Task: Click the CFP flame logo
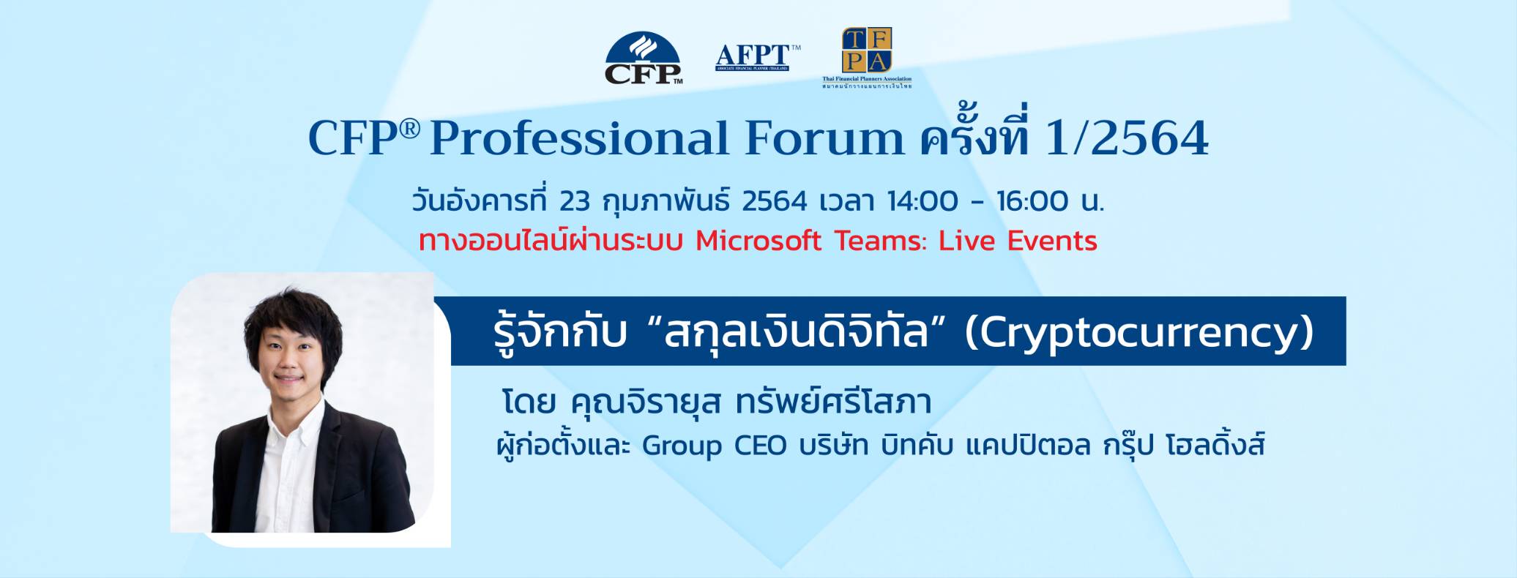tap(643, 58)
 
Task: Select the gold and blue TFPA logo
tap(867, 51)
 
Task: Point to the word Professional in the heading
tap(579, 138)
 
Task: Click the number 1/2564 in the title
tap(1127, 138)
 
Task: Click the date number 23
tap(574, 200)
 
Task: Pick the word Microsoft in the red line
tap(758, 241)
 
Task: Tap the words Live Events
tap(1018, 241)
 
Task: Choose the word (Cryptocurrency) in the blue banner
tap(1138, 334)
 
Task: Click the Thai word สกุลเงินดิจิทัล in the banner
tap(795, 334)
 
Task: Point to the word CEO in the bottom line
tap(761, 446)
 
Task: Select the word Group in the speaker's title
tap(682, 446)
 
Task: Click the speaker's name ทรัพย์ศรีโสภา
tap(834, 402)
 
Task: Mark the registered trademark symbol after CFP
tap(410, 129)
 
